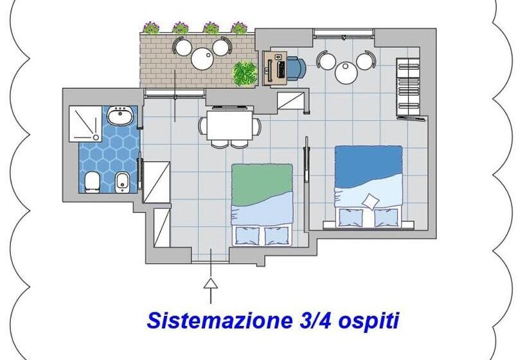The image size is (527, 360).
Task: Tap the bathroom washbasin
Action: coord(120,117)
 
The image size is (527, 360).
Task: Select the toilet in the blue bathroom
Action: coord(92,182)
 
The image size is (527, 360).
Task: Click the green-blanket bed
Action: coord(262,204)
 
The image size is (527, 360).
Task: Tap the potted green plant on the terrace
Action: coord(244,73)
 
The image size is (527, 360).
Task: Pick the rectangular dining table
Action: coord(229,123)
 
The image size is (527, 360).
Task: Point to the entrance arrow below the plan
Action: coord(210,286)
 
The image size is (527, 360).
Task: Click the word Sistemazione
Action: coord(206,320)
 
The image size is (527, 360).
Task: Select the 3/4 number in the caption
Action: coord(301,320)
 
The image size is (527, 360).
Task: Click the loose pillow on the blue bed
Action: coord(370,201)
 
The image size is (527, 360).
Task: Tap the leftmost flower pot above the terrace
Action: coord(151,28)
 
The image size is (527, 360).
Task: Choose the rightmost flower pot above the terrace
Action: coord(239,28)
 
